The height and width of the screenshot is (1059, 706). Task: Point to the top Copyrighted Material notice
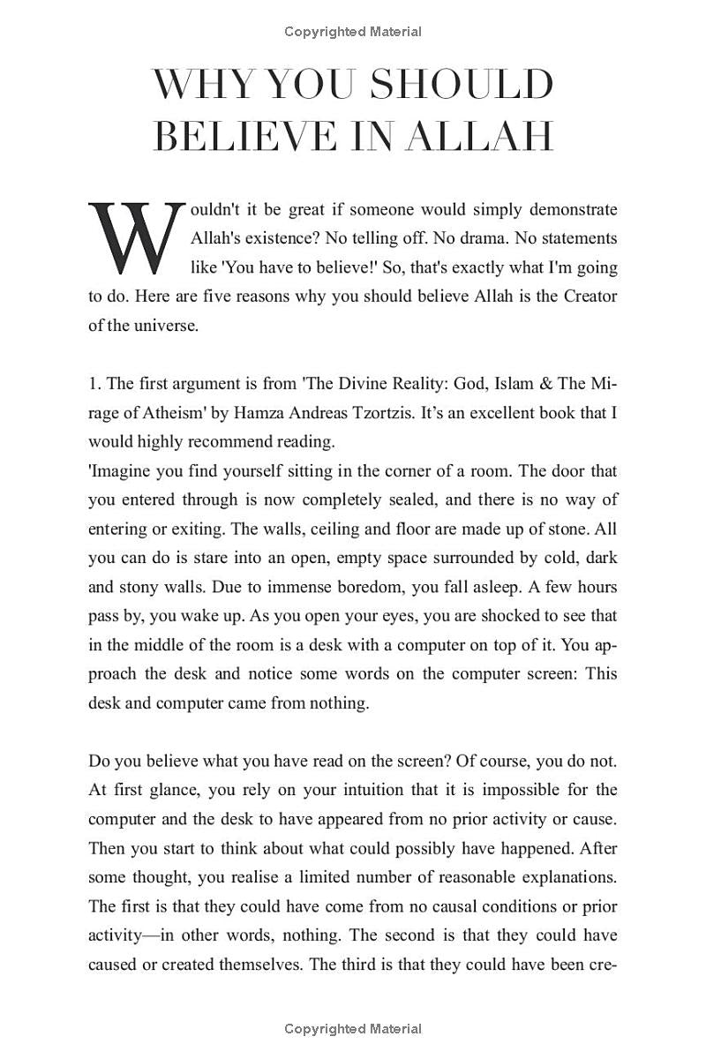pos(353,32)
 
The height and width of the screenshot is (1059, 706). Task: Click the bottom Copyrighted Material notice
pos(353,1028)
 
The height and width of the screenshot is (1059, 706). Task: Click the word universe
pos(169,325)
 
